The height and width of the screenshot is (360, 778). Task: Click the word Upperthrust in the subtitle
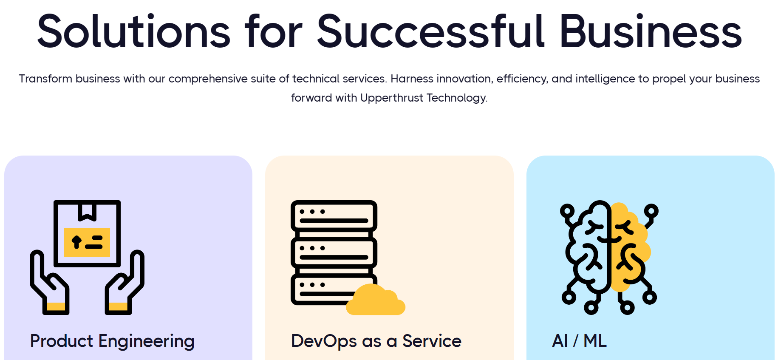[x=391, y=98]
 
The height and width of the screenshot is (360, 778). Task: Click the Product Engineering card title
[x=112, y=341]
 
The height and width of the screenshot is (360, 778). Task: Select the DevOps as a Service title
[x=376, y=341]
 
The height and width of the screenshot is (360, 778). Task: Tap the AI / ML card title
[x=579, y=341]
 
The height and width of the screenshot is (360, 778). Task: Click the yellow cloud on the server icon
[x=375, y=301]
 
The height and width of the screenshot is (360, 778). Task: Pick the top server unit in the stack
[x=334, y=215]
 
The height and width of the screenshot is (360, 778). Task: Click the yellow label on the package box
[x=87, y=242]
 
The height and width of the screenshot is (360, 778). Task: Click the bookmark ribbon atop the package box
[x=87, y=212]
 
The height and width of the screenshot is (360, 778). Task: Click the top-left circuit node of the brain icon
[x=567, y=210]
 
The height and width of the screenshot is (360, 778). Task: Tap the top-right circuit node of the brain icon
[x=651, y=210]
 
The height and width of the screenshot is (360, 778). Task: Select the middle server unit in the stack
[x=334, y=252]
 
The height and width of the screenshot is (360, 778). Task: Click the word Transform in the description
[x=45, y=79]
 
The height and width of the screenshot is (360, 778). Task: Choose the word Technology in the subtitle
[x=456, y=98]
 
